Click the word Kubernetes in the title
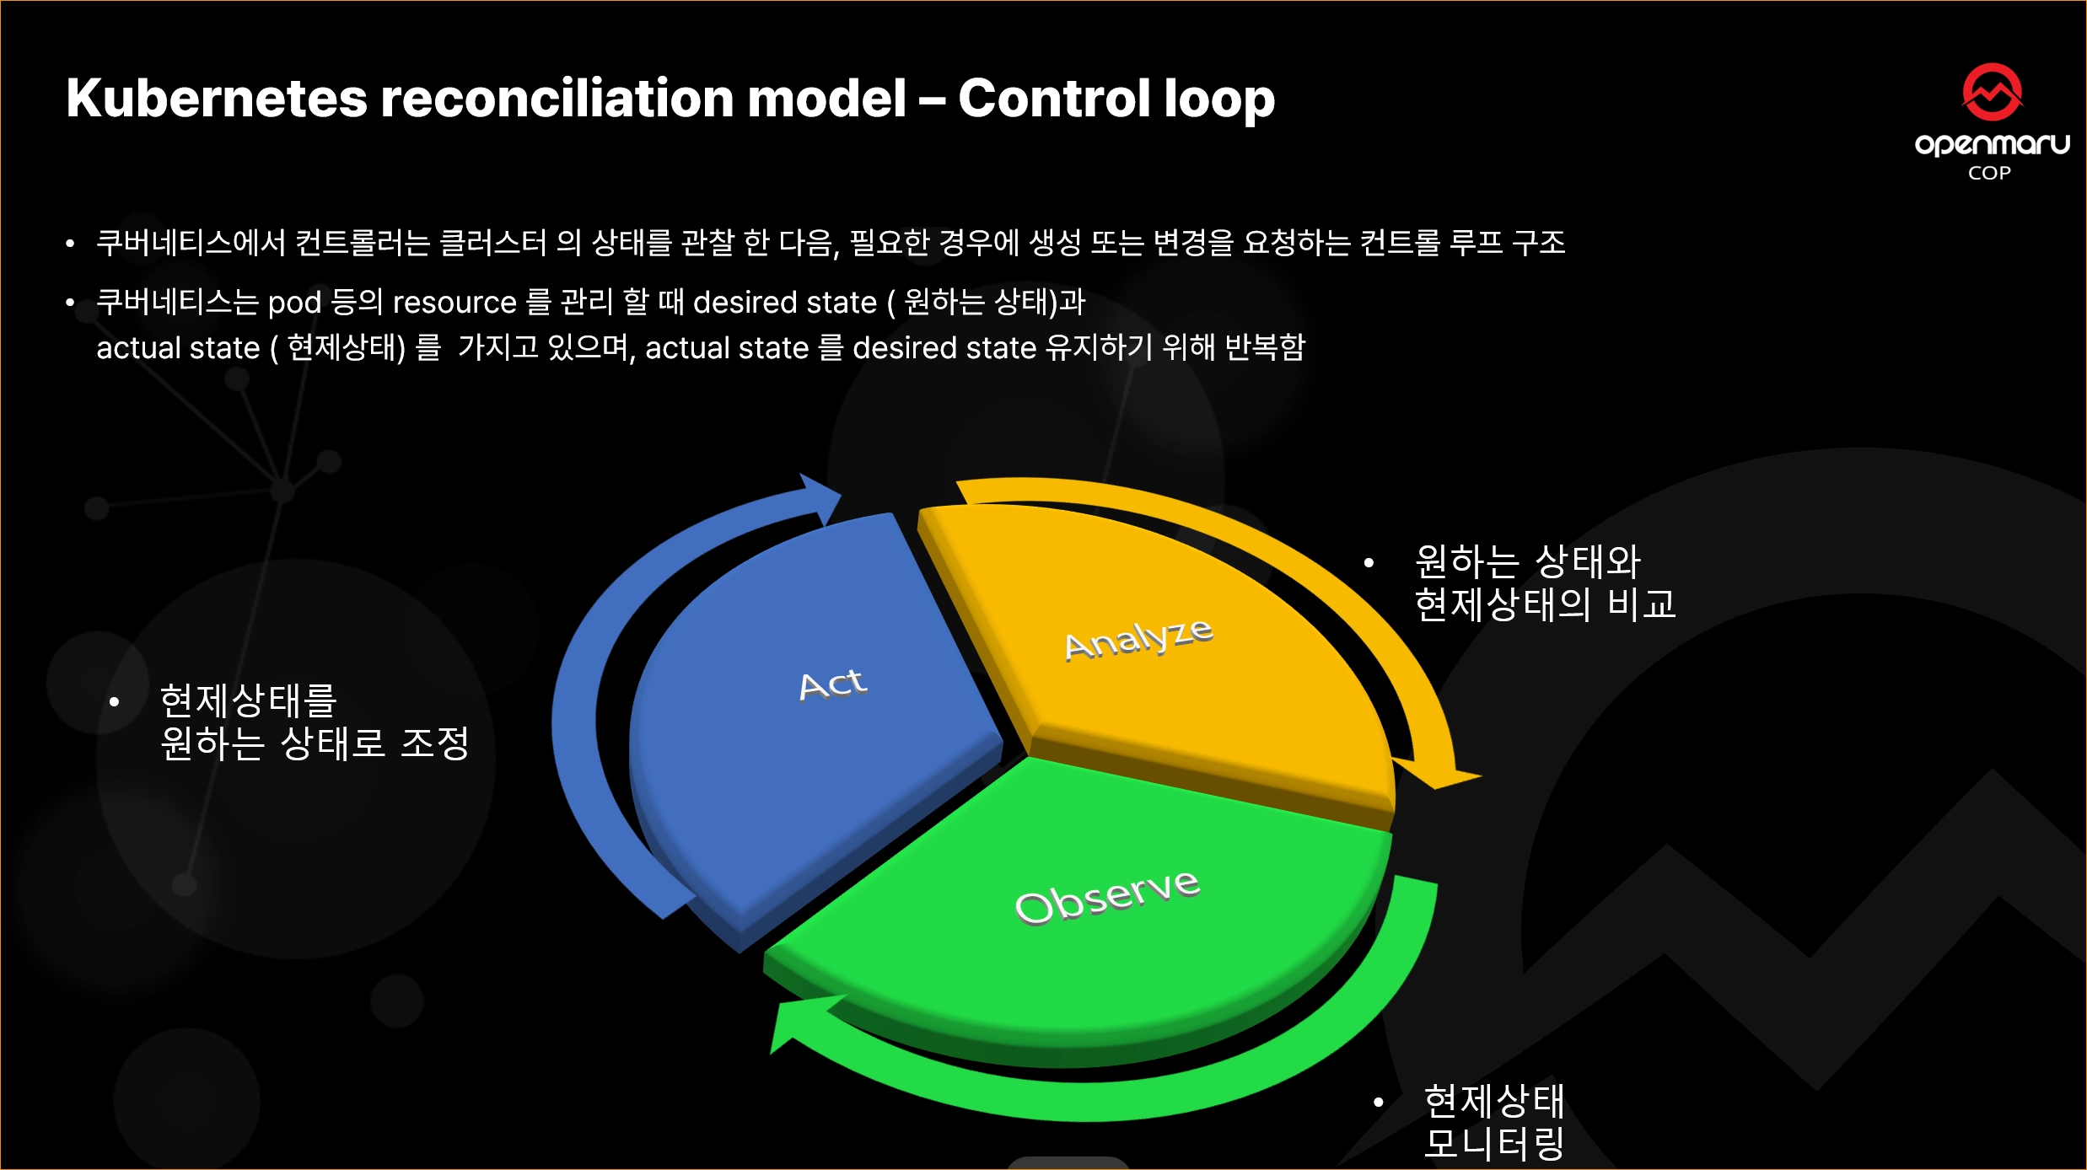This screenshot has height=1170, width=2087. (218, 98)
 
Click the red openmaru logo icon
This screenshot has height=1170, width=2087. (1992, 92)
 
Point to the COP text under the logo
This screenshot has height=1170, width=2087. (1990, 173)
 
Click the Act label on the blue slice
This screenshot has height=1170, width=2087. (832, 684)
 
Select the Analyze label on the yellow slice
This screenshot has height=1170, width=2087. (1138, 639)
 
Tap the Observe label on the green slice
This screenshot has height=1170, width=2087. (1107, 897)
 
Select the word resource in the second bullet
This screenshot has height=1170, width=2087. (455, 302)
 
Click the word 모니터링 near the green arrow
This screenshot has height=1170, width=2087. (1494, 1144)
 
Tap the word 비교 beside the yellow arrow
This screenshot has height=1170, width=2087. (1642, 604)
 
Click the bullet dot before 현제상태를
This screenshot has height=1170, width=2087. (114, 701)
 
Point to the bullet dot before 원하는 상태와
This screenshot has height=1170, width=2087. (1369, 562)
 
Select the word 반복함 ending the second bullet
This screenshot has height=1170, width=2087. (1264, 346)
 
